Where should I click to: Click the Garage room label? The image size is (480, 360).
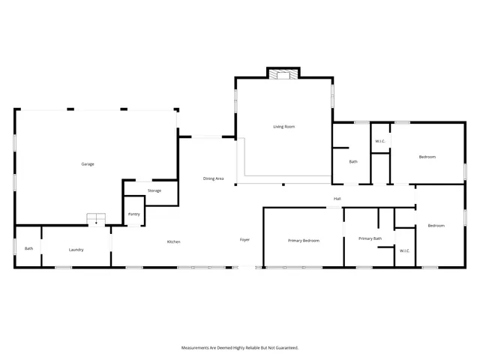(x=88, y=164)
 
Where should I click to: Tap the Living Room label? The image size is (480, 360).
(x=283, y=127)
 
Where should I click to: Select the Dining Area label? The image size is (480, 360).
(x=214, y=178)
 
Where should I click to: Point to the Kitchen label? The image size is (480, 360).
(x=173, y=241)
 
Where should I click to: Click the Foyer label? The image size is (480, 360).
(x=244, y=240)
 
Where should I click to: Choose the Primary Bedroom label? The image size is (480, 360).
(x=304, y=241)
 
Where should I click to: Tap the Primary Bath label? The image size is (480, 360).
(x=370, y=238)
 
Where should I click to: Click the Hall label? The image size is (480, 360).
(x=337, y=199)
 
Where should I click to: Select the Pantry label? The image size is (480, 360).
(x=133, y=214)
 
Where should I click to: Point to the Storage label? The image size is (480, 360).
(x=154, y=190)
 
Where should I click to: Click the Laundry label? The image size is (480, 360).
(x=76, y=250)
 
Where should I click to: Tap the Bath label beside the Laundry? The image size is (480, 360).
(x=28, y=249)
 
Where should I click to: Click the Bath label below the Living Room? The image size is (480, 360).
(x=352, y=161)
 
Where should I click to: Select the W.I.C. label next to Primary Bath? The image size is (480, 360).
(x=404, y=250)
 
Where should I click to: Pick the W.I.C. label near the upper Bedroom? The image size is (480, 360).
(x=380, y=142)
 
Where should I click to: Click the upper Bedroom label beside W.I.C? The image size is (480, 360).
(x=427, y=157)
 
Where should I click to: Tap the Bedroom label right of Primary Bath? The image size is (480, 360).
(x=436, y=226)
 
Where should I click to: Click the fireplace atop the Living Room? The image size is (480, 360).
(x=283, y=73)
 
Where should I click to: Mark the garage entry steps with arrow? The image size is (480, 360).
(x=96, y=219)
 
